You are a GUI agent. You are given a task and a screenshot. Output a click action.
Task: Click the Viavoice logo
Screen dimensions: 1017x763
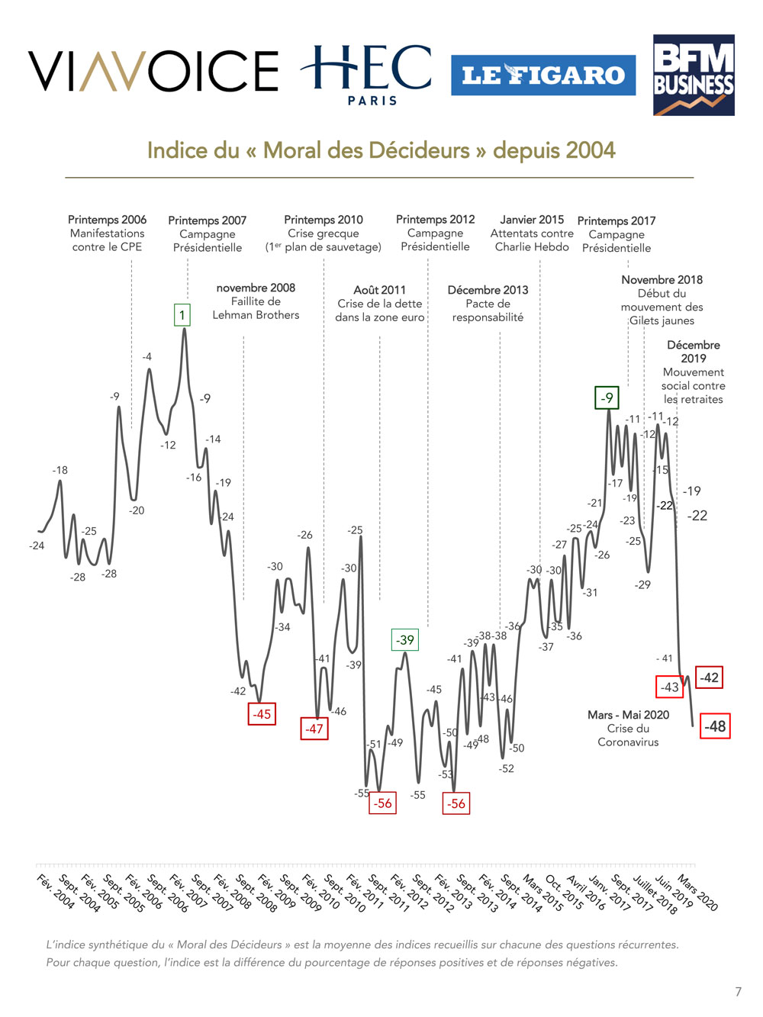pyautogui.click(x=153, y=71)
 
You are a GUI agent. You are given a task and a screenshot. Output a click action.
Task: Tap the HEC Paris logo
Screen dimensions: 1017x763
pyautogui.click(x=367, y=74)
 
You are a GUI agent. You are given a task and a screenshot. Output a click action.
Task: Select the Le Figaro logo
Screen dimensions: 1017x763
pyautogui.click(x=542, y=75)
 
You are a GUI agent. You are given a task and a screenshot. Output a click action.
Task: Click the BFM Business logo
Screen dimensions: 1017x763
pyautogui.click(x=693, y=75)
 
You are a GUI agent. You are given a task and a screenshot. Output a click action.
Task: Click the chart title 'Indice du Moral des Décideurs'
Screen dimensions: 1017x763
pyautogui.click(x=381, y=150)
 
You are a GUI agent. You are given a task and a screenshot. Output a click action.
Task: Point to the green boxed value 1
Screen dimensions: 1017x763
pyautogui.click(x=182, y=315)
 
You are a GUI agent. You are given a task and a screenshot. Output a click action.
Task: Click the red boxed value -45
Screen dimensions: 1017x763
pyautogui.click(x=262, y=714)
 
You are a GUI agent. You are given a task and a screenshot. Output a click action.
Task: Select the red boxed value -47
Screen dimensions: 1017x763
pyautogui.click(x=314, y=729)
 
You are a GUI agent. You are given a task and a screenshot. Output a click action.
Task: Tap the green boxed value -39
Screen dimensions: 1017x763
pyautogui.click(x=405, y=640)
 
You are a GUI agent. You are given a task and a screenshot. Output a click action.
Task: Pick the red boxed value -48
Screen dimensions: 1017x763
pyautogui.click(x=715, y=726)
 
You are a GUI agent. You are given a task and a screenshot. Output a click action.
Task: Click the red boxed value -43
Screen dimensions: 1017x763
pyautogui.click(x=669, y=687)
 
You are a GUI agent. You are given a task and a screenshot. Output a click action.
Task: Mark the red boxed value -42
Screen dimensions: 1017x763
pyautogui.click(x=710, y=677)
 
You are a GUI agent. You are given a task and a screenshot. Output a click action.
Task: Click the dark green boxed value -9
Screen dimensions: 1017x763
pyautogui.click(x=607, y=397)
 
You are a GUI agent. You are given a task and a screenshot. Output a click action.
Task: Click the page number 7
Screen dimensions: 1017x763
pyautogui.click(x=738, y=992)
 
